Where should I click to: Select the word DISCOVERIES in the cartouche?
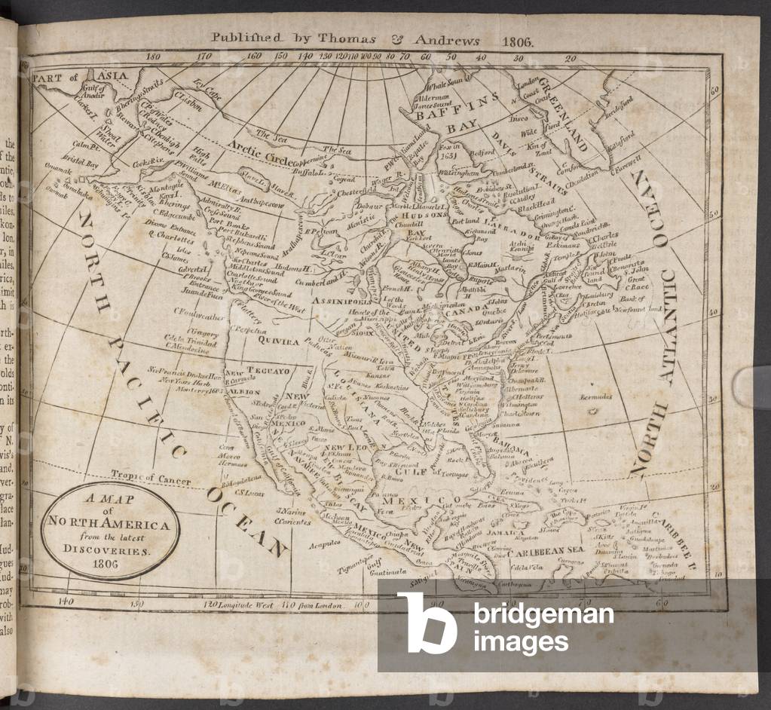point(114,549)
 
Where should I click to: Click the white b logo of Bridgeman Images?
point(427,623)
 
